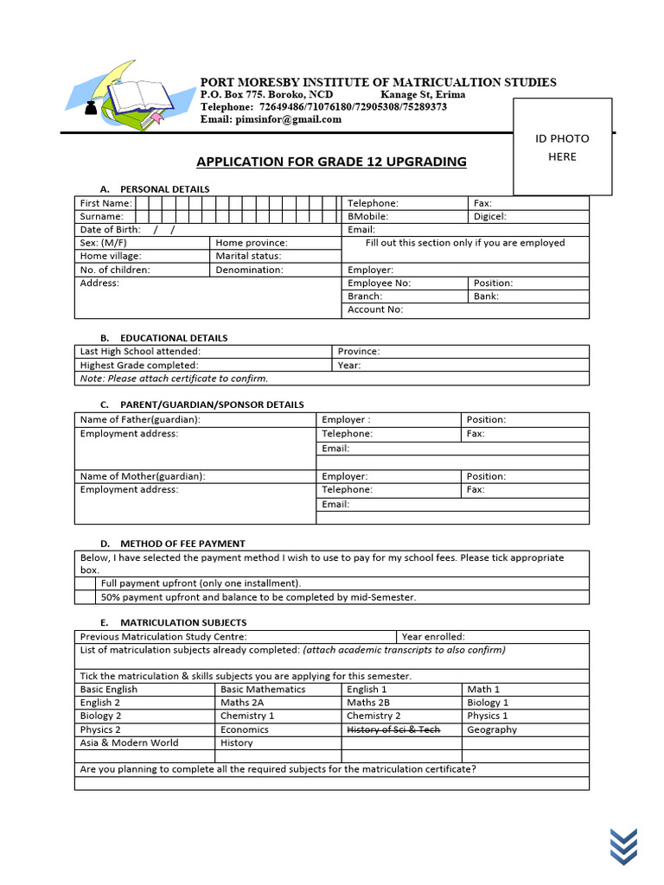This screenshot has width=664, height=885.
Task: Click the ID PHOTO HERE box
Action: (562, 147)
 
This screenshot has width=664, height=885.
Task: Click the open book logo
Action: (121, 98)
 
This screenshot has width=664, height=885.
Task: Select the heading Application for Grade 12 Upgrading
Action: (331, 162)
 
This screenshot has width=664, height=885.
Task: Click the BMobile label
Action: (367, 216)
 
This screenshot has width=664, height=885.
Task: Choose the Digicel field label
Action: (490, 216)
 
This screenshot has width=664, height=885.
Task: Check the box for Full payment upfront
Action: (86, 583)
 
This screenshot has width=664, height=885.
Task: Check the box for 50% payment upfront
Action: (86, 597)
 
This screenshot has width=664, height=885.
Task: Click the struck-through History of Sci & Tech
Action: (393, 729)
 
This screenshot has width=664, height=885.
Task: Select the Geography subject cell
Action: (492, 729)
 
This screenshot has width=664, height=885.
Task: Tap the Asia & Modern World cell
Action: (130, 742)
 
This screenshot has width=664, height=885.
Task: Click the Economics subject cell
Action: (245, 729)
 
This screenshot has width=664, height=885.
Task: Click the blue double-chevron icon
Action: (623, 844)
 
